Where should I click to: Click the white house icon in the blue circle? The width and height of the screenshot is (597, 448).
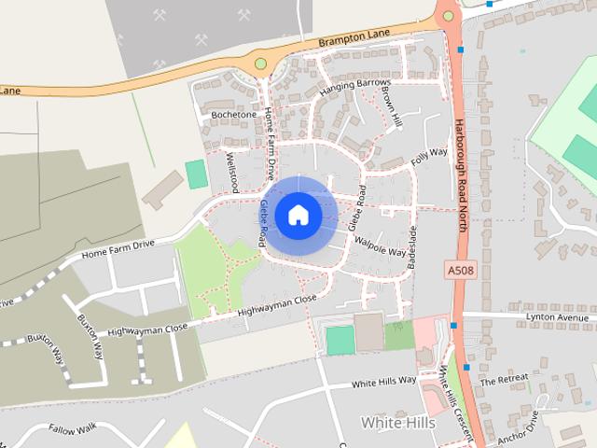pos(298,215)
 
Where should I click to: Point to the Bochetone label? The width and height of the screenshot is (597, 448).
pos(233,115)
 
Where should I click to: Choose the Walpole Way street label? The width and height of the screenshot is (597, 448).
pos(381,247)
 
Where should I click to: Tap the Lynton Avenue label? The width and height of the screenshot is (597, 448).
pos(560,317)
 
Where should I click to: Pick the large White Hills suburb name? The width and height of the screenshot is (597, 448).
pos(397,423)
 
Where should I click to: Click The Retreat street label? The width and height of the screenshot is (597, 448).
pos(504,381)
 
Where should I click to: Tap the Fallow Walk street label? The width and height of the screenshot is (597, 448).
pos(75,429)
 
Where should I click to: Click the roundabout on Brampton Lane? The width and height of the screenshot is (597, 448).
pos(260,63)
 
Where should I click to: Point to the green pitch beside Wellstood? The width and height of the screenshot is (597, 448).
pos(196,174)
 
